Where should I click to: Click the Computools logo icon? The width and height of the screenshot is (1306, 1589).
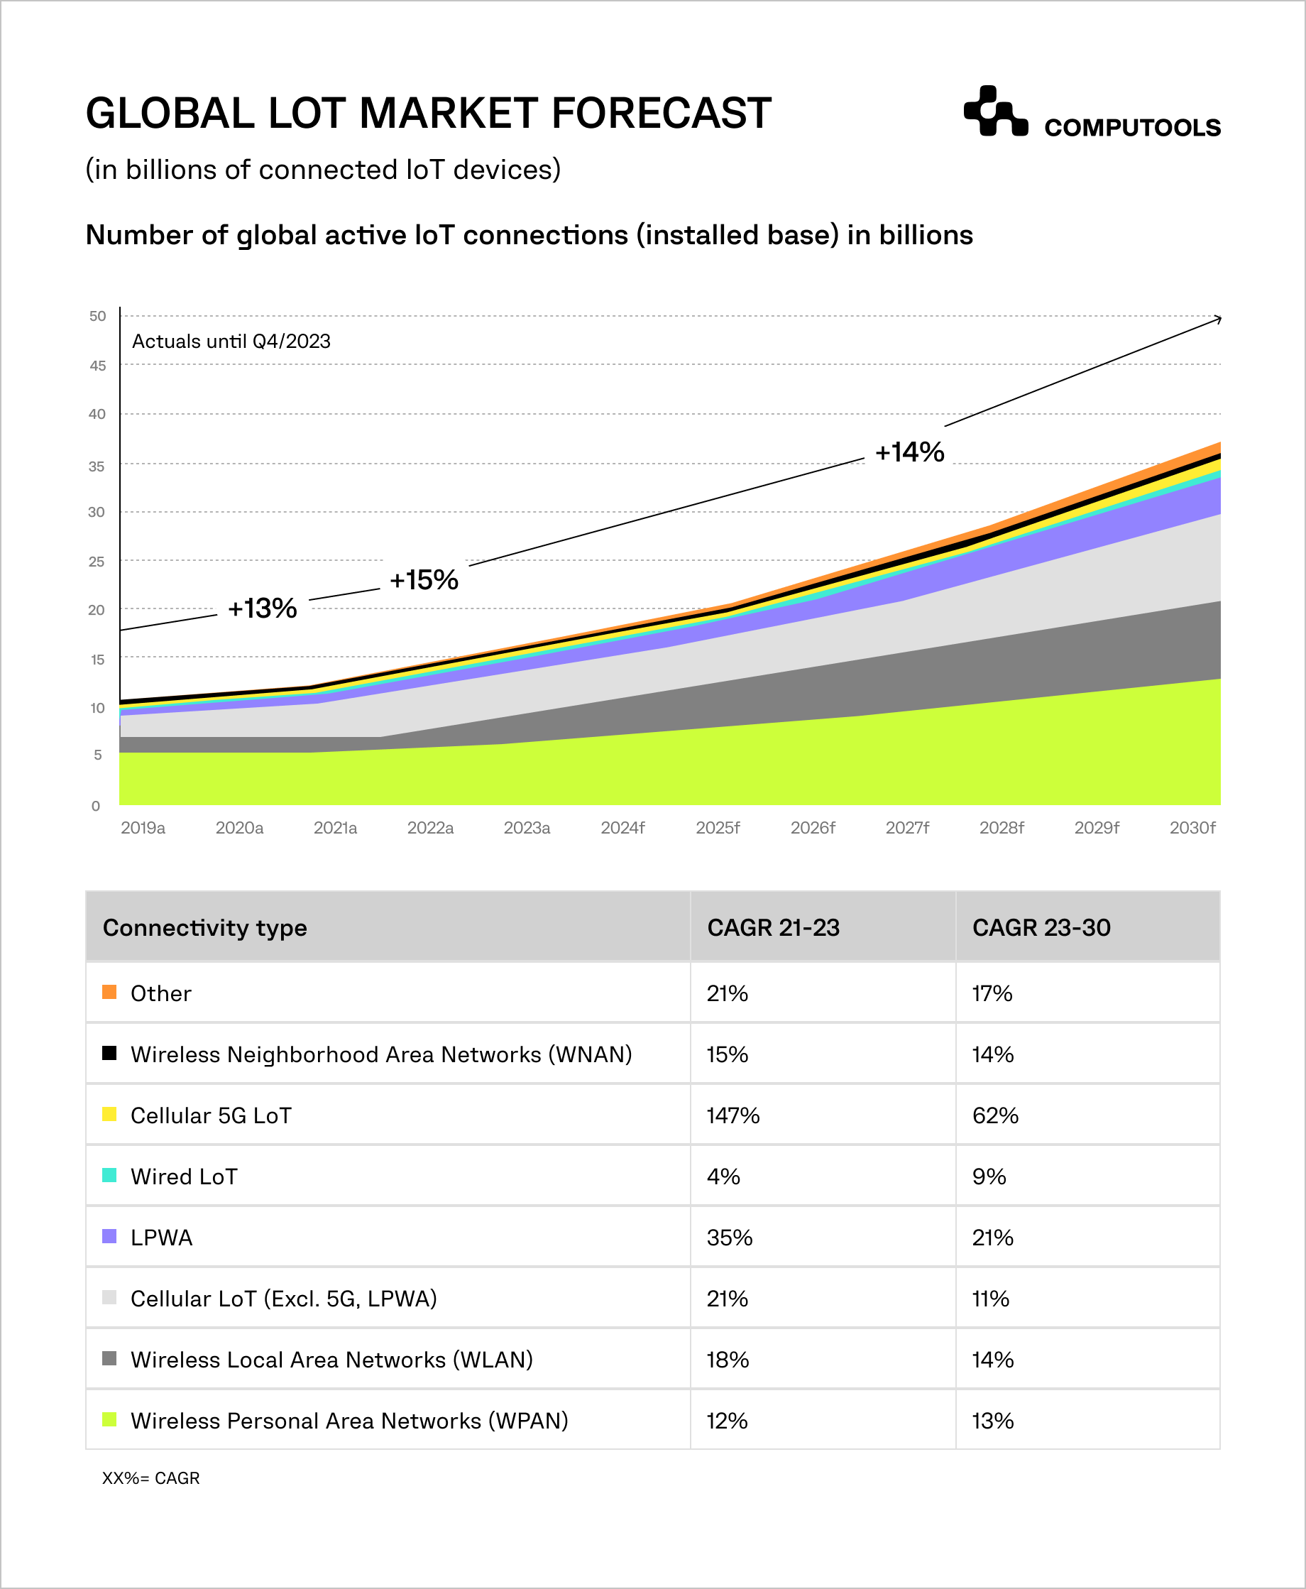(x=994, y=111)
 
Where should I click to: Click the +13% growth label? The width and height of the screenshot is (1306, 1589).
(x=262, y=608)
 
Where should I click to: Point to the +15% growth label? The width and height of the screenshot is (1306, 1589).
(x=424, y=579)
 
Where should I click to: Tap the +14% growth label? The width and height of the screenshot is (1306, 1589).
(x=909, y=452)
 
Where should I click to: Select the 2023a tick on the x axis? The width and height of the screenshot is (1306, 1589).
(x=527, y=828)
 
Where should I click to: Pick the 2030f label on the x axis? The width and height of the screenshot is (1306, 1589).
(x=1192, y=828)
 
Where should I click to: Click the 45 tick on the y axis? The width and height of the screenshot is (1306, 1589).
(x=98, y=366)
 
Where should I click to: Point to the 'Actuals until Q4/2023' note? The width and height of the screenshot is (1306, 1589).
(x=231, y=342)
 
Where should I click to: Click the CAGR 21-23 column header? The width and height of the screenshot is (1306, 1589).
(x=773, y=928)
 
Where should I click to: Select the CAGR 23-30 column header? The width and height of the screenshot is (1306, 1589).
(x=1041, y=928)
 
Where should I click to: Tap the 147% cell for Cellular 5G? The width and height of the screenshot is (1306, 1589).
(x=732, y=1115)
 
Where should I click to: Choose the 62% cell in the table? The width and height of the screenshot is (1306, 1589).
(x=994, y=1115)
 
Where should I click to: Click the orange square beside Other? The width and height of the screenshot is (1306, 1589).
(x=109, y=992)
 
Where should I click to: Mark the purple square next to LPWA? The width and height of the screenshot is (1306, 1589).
(x=109, y=1236)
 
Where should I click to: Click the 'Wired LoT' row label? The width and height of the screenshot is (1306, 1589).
(x=184, y=1176)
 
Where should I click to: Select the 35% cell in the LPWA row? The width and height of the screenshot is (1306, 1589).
(x=729, y=1238)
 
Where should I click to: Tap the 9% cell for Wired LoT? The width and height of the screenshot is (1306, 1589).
(x=989, y=1176)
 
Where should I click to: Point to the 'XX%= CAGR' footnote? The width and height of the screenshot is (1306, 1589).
(x=150, y=1478)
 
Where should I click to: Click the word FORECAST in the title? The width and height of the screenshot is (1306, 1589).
(x=662, y=113)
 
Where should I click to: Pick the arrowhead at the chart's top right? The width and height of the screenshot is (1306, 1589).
(x=1218, y=319)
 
